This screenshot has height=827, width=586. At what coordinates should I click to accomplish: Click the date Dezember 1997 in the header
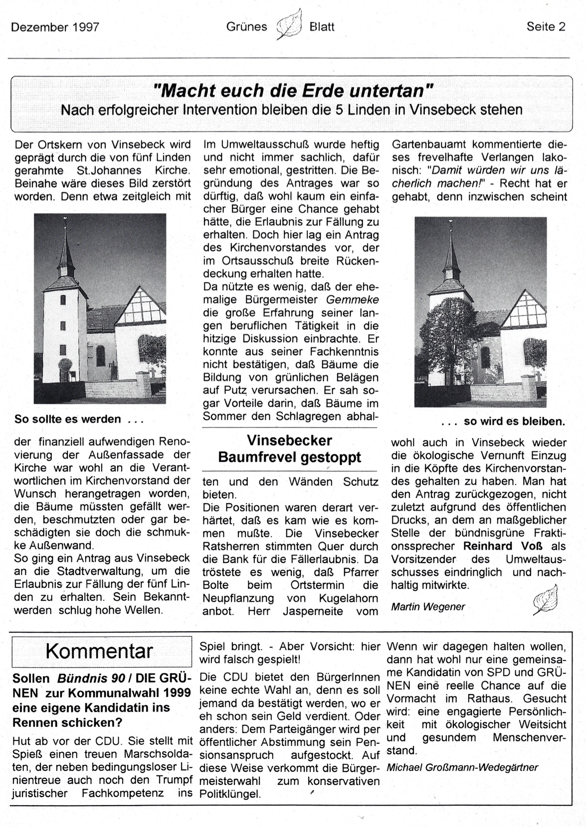point(55,27)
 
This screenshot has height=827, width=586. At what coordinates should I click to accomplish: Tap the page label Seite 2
point(546,27)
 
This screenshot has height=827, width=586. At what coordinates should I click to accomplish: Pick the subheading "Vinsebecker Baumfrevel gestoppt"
point(290,449)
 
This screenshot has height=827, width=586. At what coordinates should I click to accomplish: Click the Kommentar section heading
point(99,651)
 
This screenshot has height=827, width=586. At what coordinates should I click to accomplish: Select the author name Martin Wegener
point(428,606)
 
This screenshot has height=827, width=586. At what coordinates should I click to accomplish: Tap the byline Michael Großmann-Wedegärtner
point(462,767)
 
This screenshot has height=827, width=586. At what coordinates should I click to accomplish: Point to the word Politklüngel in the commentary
point(230,794)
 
